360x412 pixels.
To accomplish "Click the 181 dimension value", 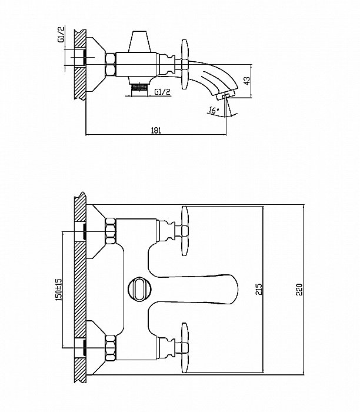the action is (x=156, y=130).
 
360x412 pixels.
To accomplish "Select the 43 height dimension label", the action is (x=247, y=81).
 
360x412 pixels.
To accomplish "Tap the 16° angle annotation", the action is (x=213, y=110).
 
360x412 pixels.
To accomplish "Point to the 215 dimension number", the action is (x=259, y=289).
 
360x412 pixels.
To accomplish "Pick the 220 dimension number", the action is (x=299, y=290).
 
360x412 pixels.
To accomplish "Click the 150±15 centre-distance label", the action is (x=59, y=290).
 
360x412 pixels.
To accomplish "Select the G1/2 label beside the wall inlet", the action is (x=61, y=34).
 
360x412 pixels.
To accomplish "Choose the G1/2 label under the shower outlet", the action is (x=162, y=92).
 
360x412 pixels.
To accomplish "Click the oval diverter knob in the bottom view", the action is (x=139, y=289).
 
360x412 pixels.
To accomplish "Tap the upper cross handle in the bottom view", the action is (x=185, y=231).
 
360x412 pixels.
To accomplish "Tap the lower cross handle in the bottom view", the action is (x=185, y=348).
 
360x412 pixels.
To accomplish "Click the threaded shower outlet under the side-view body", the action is (x=138, y=87).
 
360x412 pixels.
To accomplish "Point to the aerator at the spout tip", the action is (x=225, y=95).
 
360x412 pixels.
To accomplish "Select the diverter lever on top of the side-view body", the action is (x=139, y=41).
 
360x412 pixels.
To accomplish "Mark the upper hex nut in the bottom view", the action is (x=111, y=231).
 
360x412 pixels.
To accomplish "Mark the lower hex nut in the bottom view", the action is (x=111, y=348).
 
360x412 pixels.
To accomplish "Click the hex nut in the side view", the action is (x=111, y=65).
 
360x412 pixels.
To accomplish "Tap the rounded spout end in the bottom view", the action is (x=231, y=289).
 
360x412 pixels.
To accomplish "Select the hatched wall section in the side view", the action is (x=80, y=65).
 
